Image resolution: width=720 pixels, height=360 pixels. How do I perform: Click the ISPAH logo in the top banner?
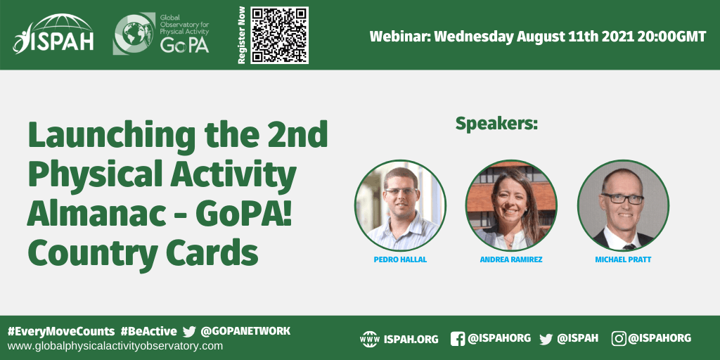[53, 34]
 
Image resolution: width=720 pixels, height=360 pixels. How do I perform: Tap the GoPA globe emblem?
[134, 34]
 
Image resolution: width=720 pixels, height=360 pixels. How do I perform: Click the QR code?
[279, 35]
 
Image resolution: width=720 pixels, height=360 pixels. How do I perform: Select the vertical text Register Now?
[242, 35]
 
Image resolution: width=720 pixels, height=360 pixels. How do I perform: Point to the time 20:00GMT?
[671, 37]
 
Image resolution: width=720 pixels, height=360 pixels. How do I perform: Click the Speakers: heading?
[496, 124]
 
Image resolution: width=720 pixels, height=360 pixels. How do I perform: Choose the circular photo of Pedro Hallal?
[400, 205]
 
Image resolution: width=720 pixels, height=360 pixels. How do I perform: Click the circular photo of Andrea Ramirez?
[512, 205]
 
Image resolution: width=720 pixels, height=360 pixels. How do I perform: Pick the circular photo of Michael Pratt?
[623, 205]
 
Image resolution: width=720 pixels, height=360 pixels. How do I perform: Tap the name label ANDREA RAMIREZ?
[511, 260]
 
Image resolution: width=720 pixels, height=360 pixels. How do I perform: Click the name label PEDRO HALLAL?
[400, 260]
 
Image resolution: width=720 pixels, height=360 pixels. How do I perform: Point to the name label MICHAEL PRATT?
[623, 260]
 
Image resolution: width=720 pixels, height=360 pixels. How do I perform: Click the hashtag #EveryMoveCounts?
[61, 332]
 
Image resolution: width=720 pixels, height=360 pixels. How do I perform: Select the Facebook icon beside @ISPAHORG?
[457, 339]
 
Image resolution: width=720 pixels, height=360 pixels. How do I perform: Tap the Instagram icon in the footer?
[619, 339]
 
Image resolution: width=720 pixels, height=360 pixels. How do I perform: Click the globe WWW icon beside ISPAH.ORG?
[370, 339]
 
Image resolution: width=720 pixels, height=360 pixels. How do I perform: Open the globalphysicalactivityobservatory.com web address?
[115, 346]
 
